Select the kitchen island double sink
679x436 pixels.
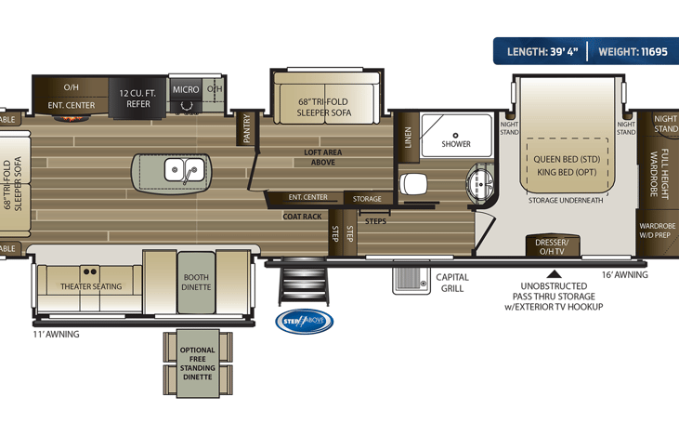click(x=184, y=171)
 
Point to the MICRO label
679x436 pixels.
click(x=186, y=90)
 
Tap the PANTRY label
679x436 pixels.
click(x=247, y=128)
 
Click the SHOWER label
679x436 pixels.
click(x=455, y=144)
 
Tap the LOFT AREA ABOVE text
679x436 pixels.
click(x=320, y=156)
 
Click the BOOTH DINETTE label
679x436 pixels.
click(x=196, y=282)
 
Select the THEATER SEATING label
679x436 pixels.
click(x=91, y=286)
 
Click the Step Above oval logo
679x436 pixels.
click(x=304, y=322)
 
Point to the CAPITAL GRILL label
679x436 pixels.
click(x=452, y=283)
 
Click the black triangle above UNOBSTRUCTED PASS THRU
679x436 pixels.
click(x=554, y=273)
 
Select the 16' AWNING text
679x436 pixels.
click(x=625, y=274)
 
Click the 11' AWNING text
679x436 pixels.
click(x=56, y=334)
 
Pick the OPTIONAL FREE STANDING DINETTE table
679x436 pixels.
click(x=196, y=363)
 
